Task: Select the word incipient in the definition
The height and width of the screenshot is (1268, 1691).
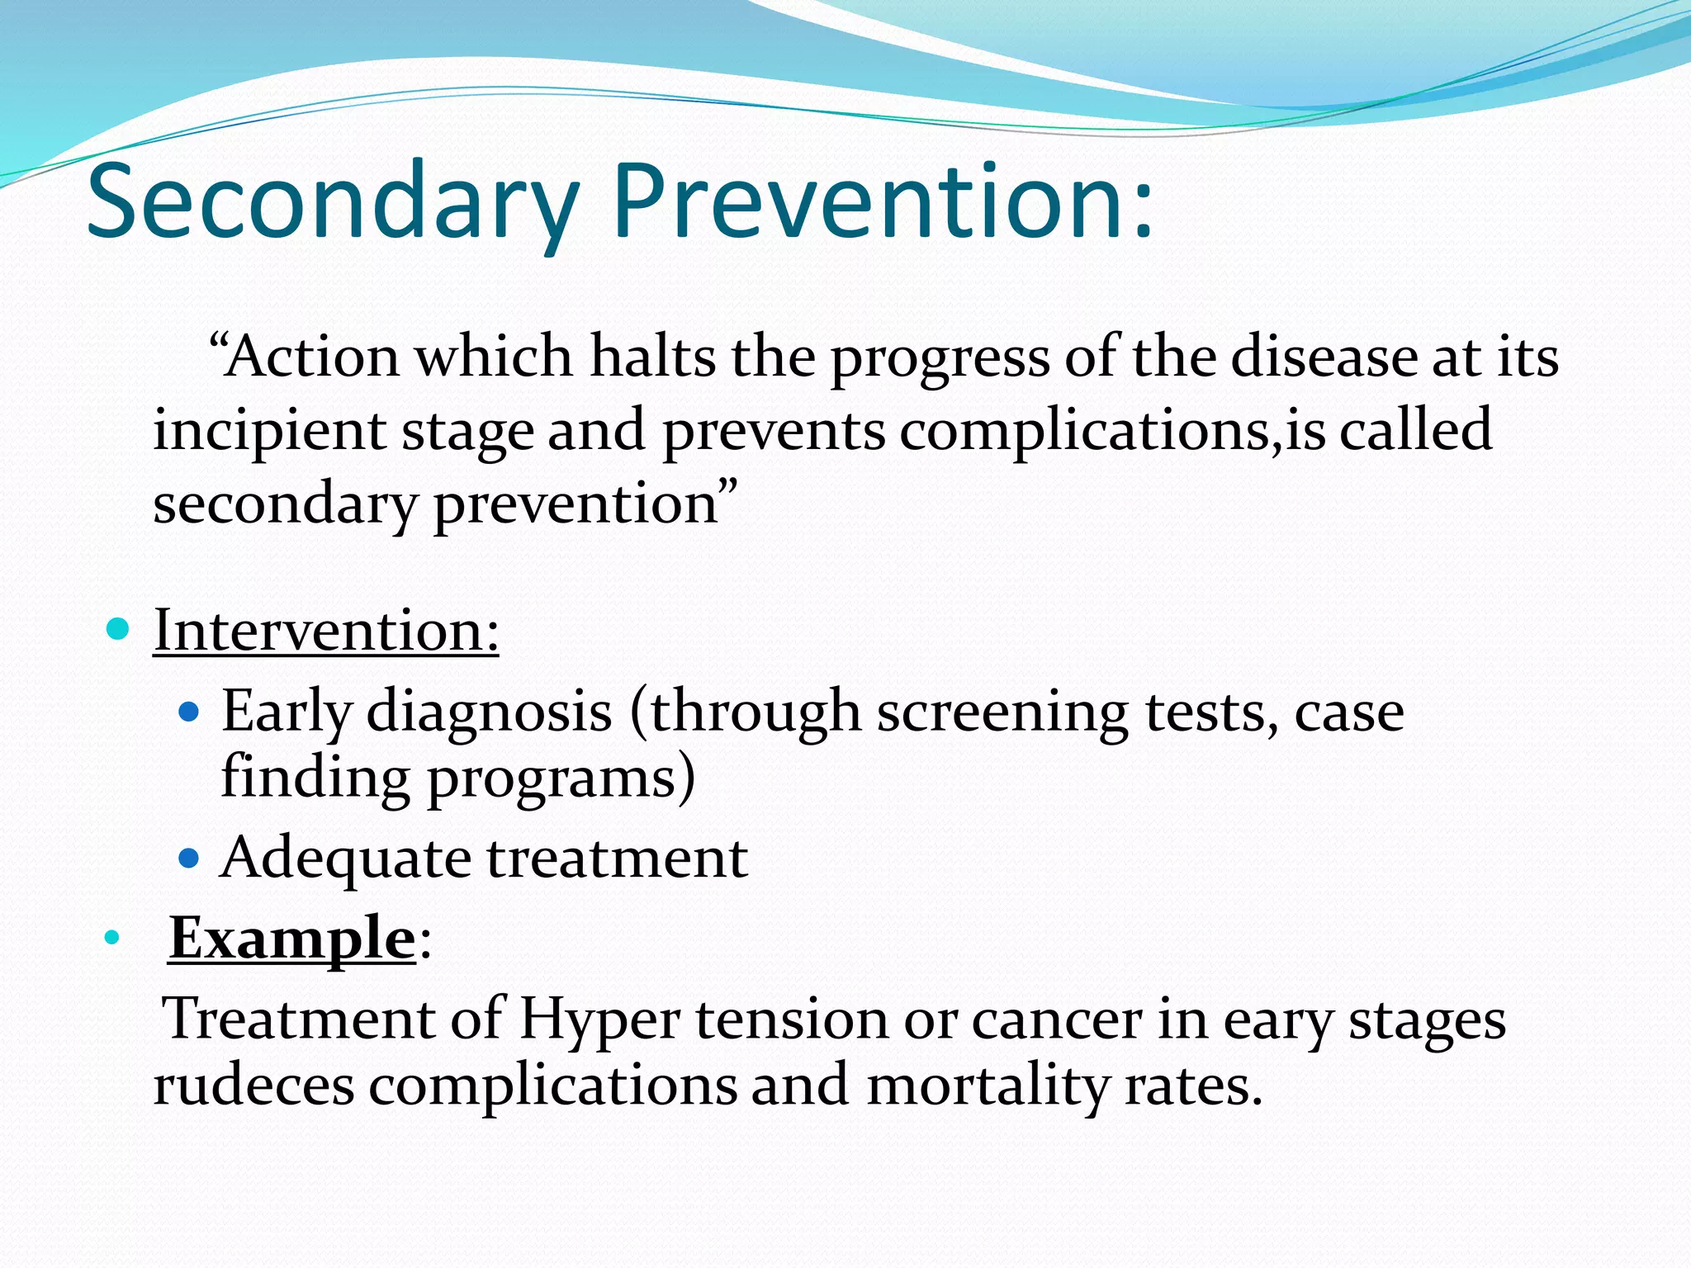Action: (269, 432)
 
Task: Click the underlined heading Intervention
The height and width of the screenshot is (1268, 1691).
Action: (326, 631)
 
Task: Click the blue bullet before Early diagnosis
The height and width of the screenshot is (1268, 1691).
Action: (189, 711)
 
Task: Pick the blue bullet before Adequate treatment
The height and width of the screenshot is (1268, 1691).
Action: (189, 859)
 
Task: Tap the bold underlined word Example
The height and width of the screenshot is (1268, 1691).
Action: (291, 939)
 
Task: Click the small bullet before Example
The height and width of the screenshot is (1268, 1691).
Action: (112, 939)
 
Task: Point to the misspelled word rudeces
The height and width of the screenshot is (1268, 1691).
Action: (253, 1086)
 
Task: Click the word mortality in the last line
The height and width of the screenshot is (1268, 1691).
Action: (988, 1086)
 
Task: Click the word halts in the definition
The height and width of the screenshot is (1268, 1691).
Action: (652, 357)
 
